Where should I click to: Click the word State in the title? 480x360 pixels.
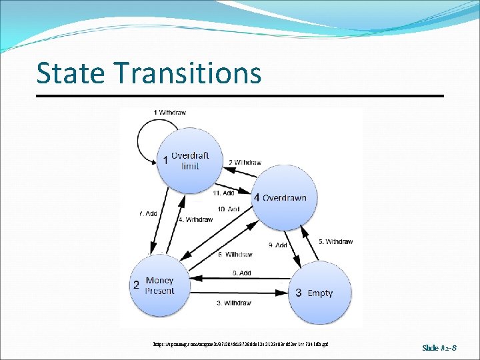(65, 73)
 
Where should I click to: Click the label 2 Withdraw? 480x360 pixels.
(245, 162)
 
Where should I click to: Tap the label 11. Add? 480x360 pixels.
(223, 193)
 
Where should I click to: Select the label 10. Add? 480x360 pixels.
(228, 209)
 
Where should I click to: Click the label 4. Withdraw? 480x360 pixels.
(195, 219)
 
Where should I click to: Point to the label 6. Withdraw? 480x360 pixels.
(235, 255)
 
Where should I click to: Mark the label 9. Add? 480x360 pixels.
(277, 245)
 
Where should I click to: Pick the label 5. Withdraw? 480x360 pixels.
(335, 241)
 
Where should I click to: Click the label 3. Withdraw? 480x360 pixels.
(233, 303)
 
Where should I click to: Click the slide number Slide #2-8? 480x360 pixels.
(440, 347)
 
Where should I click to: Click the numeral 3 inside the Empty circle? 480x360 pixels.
(299, 293)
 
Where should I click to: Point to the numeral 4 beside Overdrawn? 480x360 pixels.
(257, 198)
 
